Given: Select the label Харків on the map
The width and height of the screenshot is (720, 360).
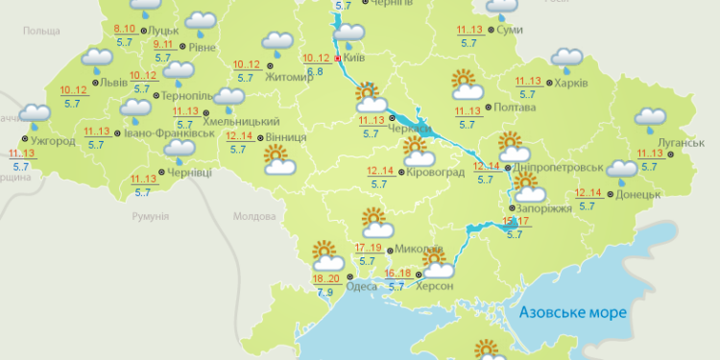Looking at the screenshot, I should (568, 83).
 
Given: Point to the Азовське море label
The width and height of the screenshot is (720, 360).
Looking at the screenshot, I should (571, 313).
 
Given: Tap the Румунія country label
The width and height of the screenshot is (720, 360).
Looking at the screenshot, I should (152, 218).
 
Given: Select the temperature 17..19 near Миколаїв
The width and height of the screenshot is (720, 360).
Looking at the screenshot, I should (369, 248).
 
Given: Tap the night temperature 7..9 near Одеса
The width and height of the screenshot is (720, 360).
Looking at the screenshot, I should (324, 292).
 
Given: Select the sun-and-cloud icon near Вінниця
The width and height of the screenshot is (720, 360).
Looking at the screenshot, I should (279, 160).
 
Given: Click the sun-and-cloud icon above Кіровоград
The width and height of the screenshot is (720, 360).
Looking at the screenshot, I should (417, 150).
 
